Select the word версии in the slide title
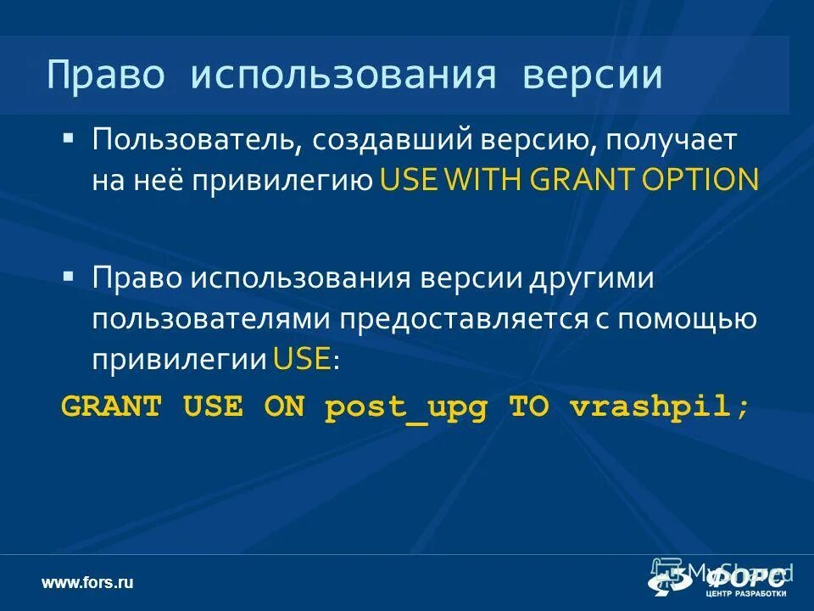(592, 75)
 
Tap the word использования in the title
(343, 75)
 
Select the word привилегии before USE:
(181, 359)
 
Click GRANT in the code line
(111, 406)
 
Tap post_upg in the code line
(407, 406)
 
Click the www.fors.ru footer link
(88, 582)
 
